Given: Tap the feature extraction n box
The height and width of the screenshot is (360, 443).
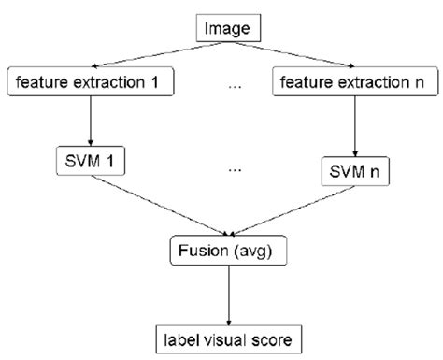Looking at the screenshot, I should click(353, 82).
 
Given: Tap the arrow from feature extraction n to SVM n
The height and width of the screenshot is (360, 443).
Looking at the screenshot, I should click(351, 125).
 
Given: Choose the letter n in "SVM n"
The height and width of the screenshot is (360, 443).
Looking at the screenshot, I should click(375, 173).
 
